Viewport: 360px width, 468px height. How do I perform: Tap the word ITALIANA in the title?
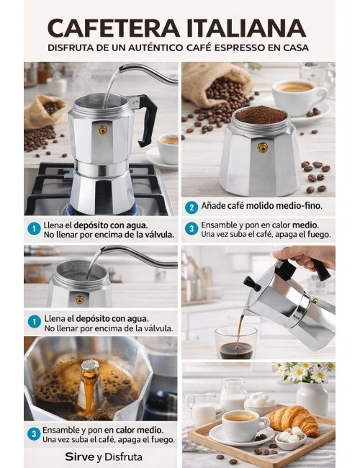(244, 28)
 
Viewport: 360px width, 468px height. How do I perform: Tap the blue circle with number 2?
(191, 207)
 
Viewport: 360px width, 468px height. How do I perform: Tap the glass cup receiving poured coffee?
(236, 343)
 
